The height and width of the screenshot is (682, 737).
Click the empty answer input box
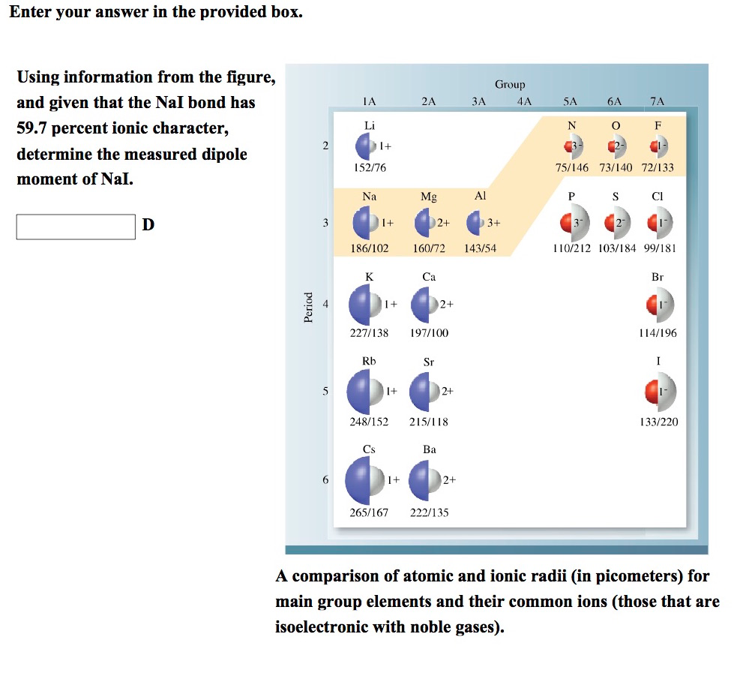[76, 226]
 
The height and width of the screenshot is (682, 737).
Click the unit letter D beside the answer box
[148, 224]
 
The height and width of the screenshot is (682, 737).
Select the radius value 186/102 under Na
[370, 248]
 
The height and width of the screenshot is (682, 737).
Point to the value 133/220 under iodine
[659, 422]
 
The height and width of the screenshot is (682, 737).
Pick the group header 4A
[524, 101]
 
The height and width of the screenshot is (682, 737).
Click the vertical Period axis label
[307, 307]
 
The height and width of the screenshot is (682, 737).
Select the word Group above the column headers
[510, 85]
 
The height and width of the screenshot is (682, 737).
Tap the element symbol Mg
[429, 197]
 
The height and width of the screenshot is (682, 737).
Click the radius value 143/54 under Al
[481, 248]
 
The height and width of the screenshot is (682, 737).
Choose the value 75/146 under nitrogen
[571, 167]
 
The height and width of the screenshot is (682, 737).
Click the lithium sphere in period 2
[366, 146]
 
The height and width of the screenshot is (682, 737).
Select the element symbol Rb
[369, 361]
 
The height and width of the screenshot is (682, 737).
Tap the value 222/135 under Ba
[430, 512]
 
